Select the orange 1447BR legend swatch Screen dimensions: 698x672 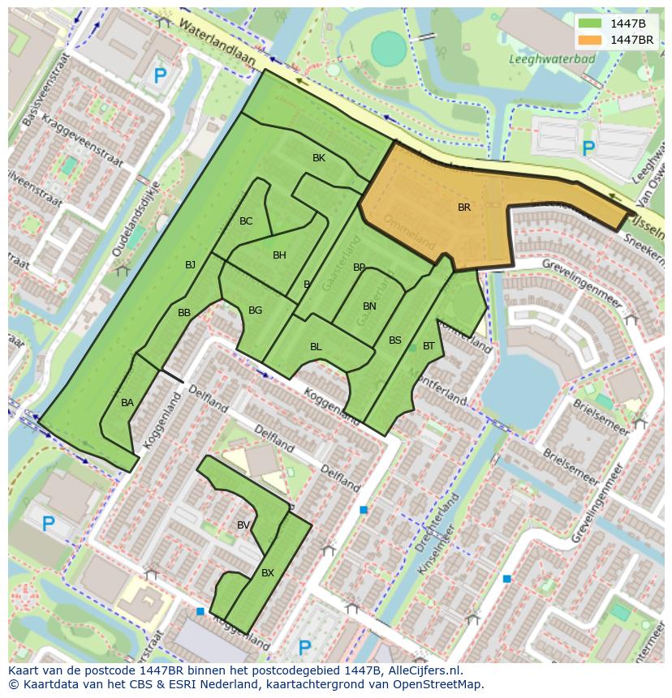click(590, 40)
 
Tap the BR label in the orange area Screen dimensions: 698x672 click(464, 208)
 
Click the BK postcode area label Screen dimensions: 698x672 click(319, 158)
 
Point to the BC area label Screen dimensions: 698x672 click(246, 221)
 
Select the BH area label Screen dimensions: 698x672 click(279, 255)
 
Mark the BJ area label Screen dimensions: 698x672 click(190, 265)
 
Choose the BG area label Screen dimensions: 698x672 click(255, 310)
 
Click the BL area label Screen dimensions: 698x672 click(316, 347)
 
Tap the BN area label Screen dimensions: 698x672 click(369, 306)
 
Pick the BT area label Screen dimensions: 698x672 click(429, 346)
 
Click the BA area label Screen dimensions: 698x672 click(127, 403)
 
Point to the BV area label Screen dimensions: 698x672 click(243, 525)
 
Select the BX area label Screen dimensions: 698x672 click(268, 573)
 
